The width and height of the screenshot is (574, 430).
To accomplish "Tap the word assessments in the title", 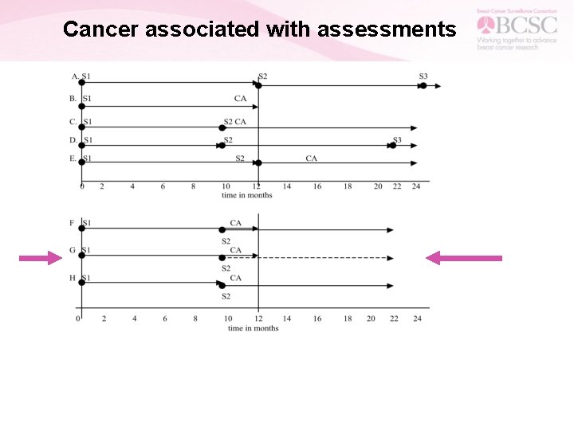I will pos(387,29).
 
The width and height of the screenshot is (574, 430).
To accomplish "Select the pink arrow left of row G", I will pos(41,257).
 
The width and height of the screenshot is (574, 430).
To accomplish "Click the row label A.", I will pos(74,77).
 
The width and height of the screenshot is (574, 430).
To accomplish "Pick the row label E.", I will pos(73,158).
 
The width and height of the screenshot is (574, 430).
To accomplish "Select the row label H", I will pos(73,278).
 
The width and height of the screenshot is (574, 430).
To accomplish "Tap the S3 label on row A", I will pos(423,76).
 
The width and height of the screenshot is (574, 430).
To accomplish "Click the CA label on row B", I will pos(240,99).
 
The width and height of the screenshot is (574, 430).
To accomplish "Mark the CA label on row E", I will pos(311,158).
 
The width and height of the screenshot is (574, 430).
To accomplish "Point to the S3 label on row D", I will pos(396,140).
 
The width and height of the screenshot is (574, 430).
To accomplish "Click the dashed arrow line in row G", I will pos(327,258).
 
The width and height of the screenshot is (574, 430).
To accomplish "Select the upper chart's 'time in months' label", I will pos(246,195).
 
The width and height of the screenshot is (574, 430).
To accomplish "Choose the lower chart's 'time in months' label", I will pos(253,328).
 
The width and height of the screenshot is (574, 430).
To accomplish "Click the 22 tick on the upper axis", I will pos(397,186).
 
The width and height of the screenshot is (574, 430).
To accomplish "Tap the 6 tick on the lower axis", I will pos(165,319).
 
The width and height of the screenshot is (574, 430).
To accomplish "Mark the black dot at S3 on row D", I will pos(392,146).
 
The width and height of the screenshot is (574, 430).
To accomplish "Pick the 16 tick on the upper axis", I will pos(317,186).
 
